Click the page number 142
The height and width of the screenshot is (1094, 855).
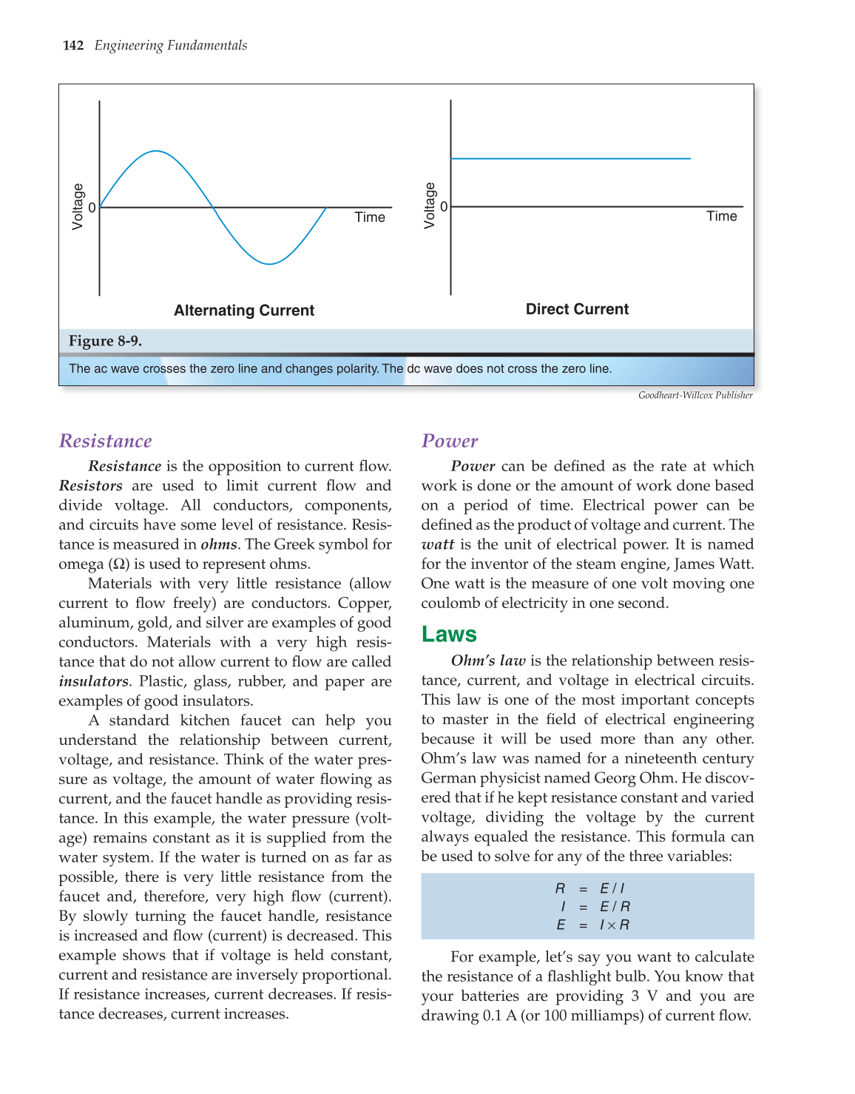pos(73,46)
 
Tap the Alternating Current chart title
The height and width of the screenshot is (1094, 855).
pos(244,311)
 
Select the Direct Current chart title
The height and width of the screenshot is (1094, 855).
pos(577,309)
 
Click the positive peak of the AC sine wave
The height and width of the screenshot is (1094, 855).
pos(156,152)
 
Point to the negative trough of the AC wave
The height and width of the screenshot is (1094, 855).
pos(271,263)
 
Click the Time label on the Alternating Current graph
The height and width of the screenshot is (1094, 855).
pos(370,217)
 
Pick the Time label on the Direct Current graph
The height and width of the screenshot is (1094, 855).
pos(721,216)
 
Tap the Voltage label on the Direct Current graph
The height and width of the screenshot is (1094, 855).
pos(430,206)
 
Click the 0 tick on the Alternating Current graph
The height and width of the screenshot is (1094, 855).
pos(92,208)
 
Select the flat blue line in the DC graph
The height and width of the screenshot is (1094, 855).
pos(570,158)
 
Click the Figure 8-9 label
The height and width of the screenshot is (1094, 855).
pos(105,341)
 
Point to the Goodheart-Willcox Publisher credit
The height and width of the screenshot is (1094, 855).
pos(695,396)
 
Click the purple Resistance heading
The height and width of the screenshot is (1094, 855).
pos(106,442)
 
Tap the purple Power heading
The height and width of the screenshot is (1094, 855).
pos(450,442)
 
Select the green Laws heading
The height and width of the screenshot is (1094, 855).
pos(449,635)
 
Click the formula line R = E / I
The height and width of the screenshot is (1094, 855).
pos(589,888)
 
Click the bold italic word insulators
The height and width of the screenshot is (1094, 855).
pos(93,681)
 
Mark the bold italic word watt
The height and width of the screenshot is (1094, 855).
pos(438,545)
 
